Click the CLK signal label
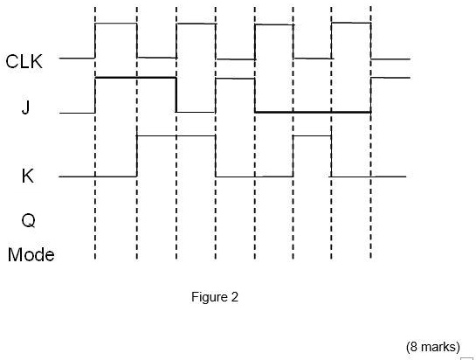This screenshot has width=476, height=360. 24,61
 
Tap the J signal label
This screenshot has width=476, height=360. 25,109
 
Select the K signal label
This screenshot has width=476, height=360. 27,176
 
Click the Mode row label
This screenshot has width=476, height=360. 31,255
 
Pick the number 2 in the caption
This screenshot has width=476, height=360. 234,297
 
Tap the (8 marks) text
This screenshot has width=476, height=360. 433,346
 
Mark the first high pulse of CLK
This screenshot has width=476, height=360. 115,24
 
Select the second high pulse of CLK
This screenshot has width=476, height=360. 196,24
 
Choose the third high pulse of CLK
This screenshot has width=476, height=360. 273,24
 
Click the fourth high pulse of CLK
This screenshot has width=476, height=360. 351,24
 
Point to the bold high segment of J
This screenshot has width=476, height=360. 135,79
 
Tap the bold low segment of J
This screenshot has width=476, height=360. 312,112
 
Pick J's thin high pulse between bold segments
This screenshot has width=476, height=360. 235,79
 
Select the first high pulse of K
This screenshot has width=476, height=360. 176,136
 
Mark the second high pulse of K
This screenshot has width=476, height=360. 312,136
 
